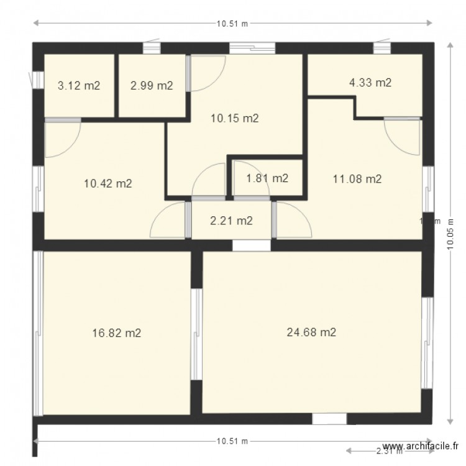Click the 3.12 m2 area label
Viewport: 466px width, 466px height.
79,86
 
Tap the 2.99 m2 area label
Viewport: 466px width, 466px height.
152,86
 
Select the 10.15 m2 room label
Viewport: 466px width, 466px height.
234,118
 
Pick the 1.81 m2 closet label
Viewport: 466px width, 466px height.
267,178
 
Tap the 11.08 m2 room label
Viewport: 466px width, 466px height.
357,180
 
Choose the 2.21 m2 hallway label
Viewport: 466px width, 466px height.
231,220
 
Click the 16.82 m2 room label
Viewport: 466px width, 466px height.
116,333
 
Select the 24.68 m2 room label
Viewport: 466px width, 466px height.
311,332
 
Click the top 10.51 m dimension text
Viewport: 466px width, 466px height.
232,24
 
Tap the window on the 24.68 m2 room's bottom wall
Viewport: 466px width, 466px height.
329,419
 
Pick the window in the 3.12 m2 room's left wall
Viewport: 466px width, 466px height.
37,80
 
